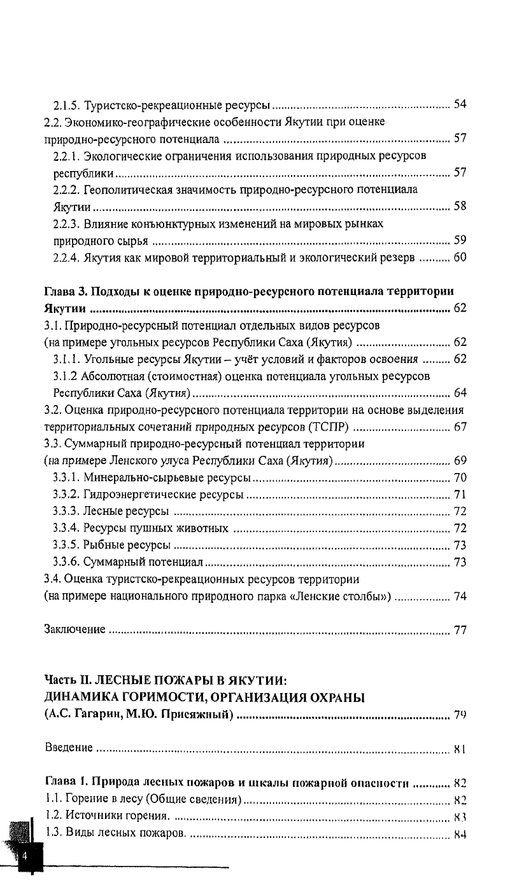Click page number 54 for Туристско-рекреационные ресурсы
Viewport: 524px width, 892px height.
pos(460,104)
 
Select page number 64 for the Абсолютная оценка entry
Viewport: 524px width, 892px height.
pos(460,392)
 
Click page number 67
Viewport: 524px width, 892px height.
pos(460,427)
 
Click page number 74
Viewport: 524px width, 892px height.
pos(460,596)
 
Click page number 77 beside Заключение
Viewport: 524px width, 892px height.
pos(460,631)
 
